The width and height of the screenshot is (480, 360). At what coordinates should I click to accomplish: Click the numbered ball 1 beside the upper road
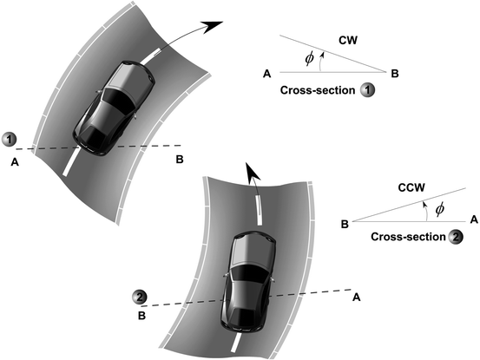[10, 139]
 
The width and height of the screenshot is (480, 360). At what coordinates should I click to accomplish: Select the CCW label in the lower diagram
[385, 186]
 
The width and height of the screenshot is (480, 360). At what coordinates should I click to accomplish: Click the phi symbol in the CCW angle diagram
[439, 209]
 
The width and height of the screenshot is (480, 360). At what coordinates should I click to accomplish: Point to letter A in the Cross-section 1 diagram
[266, 75]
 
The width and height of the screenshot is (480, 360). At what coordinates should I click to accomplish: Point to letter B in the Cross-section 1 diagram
[395, 75]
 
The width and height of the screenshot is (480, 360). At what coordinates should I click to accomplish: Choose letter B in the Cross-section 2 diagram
[345, 224]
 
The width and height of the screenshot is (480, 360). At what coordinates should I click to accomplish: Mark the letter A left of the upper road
[15, 160]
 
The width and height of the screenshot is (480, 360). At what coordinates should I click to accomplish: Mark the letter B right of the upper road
[179, 160]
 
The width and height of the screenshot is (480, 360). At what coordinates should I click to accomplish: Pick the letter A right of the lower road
[357, 298]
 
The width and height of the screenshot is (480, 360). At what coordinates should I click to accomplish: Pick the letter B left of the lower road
[140, 317]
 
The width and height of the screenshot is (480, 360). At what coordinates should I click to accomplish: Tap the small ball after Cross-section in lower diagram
[456, 237]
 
